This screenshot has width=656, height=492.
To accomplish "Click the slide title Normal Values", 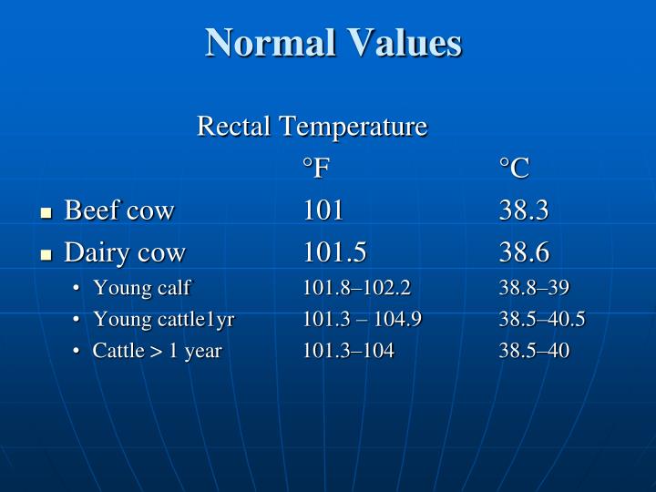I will click(333, 43).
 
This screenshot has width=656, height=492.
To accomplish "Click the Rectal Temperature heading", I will click(312, 126).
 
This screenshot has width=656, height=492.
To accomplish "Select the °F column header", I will click(316, 168).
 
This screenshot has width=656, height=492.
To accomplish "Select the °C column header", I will click(514, 168).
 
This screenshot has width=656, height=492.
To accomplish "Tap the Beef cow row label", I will click(118, 210).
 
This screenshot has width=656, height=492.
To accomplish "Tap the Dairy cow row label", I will click(125, 252).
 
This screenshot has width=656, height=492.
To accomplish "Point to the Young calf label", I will click(141, 288).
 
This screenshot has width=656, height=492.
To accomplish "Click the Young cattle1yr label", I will click(163, 319).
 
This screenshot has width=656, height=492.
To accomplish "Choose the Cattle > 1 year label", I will click(157, 350).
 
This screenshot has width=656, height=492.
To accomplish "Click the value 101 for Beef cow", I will click(323, 210).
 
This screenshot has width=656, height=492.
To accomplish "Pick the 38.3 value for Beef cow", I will click(524, 210).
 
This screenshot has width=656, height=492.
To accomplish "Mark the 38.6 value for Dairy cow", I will click(524, 252).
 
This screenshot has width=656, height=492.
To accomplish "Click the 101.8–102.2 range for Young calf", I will click(357, 288).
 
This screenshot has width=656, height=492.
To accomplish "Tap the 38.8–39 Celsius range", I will click(534, 288).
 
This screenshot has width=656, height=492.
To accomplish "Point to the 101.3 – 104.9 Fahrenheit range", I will click(363, 319).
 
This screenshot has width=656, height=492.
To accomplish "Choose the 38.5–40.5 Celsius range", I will click(542, 319).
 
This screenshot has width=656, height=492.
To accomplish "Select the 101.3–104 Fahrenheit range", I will click(349, 350).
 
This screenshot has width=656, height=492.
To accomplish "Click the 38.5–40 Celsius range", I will click(534, 350).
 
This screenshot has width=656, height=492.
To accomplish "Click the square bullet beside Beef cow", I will click(46, 213).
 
